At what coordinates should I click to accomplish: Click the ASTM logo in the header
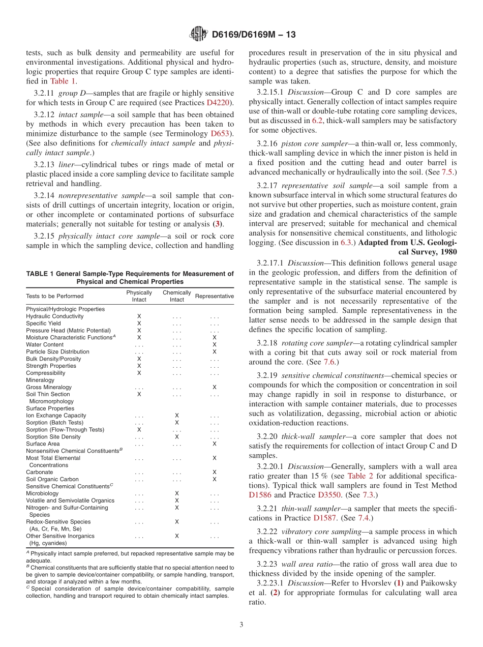[199, 35]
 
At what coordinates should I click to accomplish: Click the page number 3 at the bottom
[242, 624]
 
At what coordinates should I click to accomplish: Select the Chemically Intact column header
[177, 296]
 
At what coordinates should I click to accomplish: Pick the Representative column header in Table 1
[215, 296]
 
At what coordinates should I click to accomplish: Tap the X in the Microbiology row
[176, 493]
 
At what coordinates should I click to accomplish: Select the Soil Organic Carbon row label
[52, 479]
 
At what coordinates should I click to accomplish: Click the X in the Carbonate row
[214, 472]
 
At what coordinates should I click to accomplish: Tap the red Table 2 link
[360, 476]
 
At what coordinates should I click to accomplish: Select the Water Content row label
[45, 344]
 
